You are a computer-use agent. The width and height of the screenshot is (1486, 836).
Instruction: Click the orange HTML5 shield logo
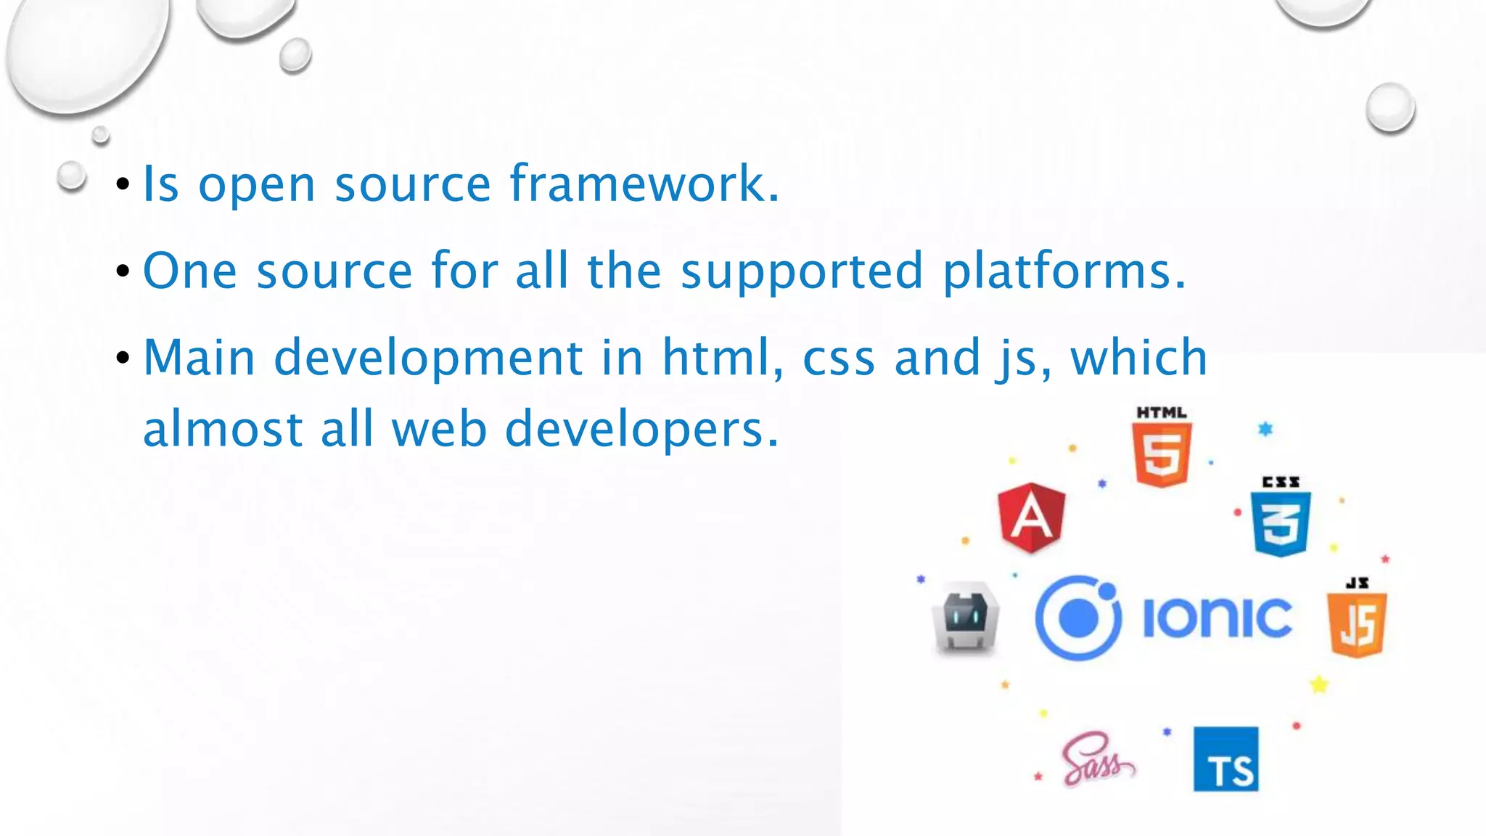[1162, 454]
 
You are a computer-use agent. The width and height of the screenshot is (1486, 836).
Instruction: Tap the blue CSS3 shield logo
[1281, 523]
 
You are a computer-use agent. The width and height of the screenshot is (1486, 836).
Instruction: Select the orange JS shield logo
[1357, 624]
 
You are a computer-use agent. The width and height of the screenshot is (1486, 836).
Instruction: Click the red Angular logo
[1032, 517]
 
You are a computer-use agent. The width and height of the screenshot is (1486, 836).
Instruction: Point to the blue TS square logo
[1226, 759]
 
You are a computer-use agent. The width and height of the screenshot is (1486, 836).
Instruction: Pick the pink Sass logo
[1096, 760]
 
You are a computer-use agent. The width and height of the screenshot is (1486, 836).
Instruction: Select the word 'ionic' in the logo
[1217, 618]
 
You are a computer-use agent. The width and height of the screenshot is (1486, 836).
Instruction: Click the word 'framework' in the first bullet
[644, 184]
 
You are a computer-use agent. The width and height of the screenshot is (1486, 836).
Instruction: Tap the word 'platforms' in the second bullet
[1064, 271]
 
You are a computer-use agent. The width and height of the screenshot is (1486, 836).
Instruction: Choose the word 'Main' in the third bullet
[199, 358]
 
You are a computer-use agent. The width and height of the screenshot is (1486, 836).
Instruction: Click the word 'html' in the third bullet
[723, 358]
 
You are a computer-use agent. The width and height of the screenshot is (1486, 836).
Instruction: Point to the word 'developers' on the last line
[641, 429]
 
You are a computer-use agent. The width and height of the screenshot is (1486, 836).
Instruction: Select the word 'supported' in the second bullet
[802, 271]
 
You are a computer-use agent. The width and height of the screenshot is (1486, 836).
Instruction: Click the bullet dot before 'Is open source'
[123, 185]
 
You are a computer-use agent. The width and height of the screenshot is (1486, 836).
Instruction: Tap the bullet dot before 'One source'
[123, 272]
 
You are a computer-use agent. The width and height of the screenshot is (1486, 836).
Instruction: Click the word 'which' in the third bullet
[1138, 358]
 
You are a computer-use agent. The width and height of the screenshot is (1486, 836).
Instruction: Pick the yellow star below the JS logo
[1318, 684]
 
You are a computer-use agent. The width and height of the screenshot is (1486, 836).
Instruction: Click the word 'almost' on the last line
[223, 429]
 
